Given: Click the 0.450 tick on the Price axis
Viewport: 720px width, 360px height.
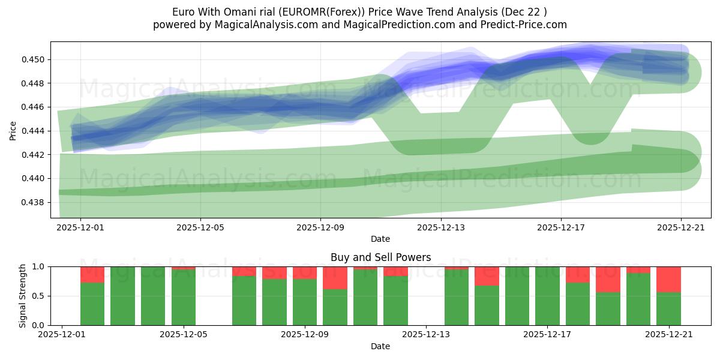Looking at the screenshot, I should (34, 59).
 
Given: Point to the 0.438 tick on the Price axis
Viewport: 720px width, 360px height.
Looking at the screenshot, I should (34, 202).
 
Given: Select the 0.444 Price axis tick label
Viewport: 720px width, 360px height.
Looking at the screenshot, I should (34, 131).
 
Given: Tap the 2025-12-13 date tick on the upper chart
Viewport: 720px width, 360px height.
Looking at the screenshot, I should (440, 227).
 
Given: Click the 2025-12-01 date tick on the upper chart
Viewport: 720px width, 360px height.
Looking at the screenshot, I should (80, 227).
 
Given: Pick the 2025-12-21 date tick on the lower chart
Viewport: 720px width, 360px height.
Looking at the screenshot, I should (668, 335).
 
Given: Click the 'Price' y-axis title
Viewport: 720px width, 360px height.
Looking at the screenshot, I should (13, 130).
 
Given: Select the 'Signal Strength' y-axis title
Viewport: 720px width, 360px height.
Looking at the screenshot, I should (22, 296).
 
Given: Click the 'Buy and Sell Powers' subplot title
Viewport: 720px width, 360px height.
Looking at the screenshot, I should (380, 257).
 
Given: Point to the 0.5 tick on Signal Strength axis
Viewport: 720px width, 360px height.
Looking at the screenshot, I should (39, 296).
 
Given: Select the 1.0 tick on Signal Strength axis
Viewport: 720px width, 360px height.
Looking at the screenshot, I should (39, 266).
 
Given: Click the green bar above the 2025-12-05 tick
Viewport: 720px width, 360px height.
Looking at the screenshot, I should (184, 298).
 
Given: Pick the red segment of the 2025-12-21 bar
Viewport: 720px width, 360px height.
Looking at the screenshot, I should (668, 279).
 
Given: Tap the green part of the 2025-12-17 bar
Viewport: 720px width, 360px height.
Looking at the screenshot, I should (547, 296).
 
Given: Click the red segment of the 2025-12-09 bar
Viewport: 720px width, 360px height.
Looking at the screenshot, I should (305, 272).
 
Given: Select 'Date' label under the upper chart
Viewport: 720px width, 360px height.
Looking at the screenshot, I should (380, 239).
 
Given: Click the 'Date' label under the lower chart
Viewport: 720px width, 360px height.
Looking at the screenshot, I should (380, 346).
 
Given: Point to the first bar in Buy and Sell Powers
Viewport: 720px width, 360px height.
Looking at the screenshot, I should (92, 304).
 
